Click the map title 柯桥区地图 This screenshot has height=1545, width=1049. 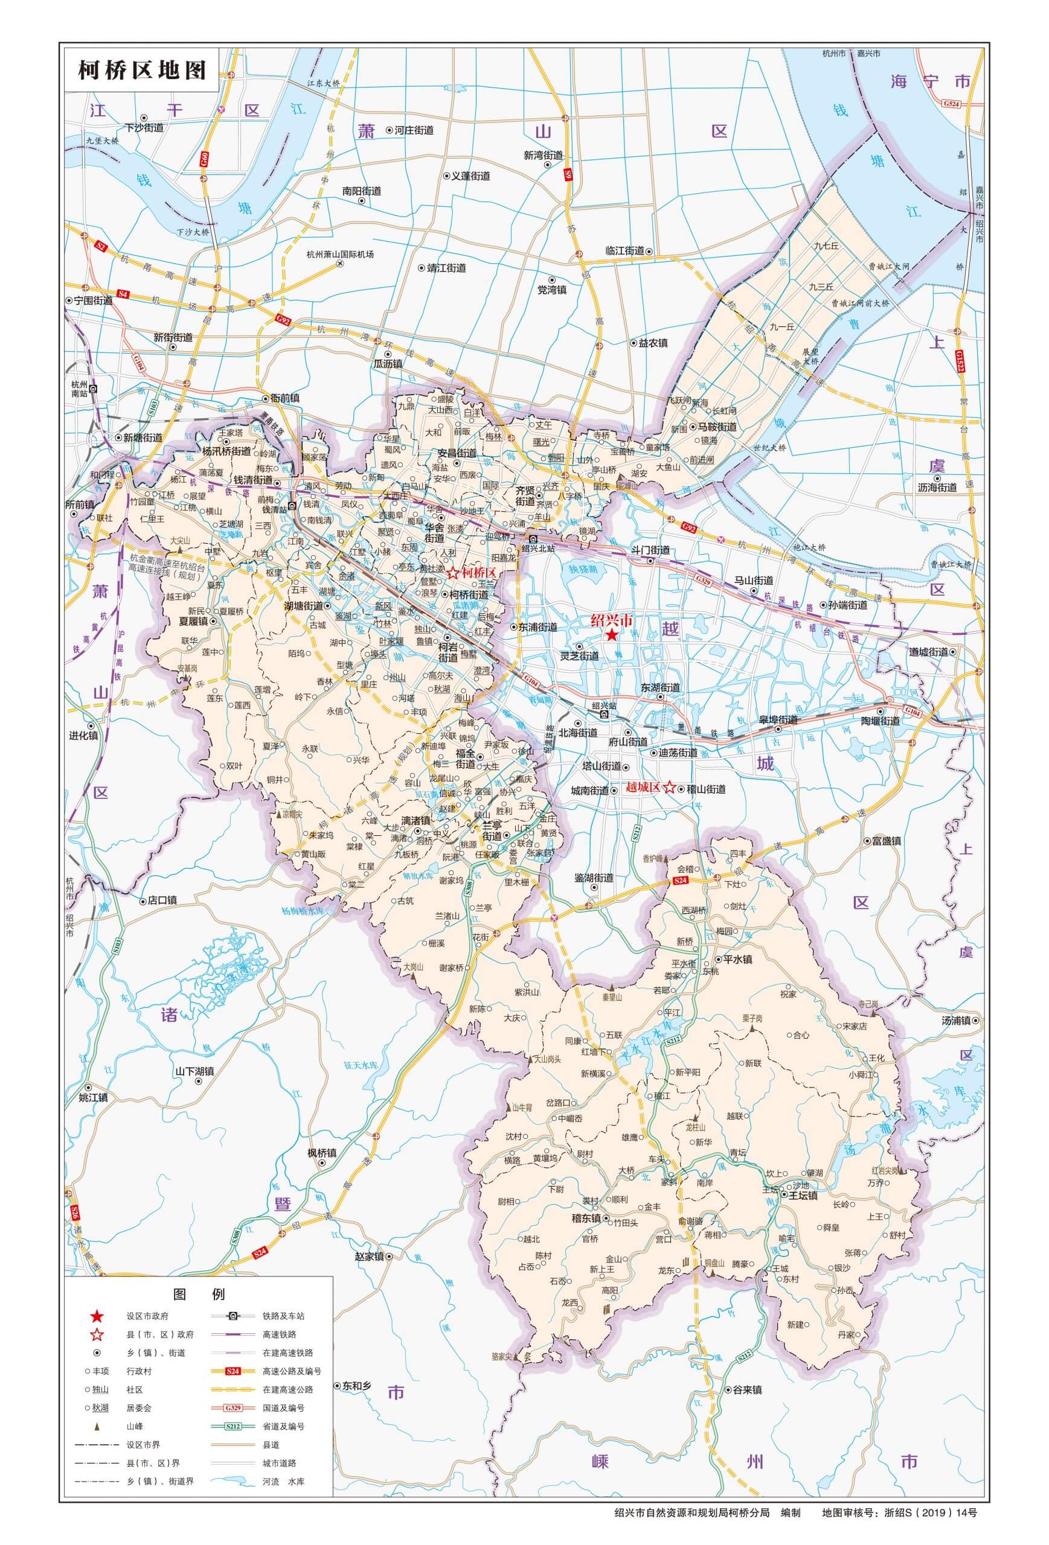[x=142, y=69]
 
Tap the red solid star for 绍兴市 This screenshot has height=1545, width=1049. [x=611, y=635]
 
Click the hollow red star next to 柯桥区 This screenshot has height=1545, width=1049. [x=453, y=573]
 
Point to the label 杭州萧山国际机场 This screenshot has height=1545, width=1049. [x=340, y=254]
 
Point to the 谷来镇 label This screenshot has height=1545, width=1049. [x=747, y=1390]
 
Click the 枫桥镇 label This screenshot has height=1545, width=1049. [x=322, y=1153]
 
